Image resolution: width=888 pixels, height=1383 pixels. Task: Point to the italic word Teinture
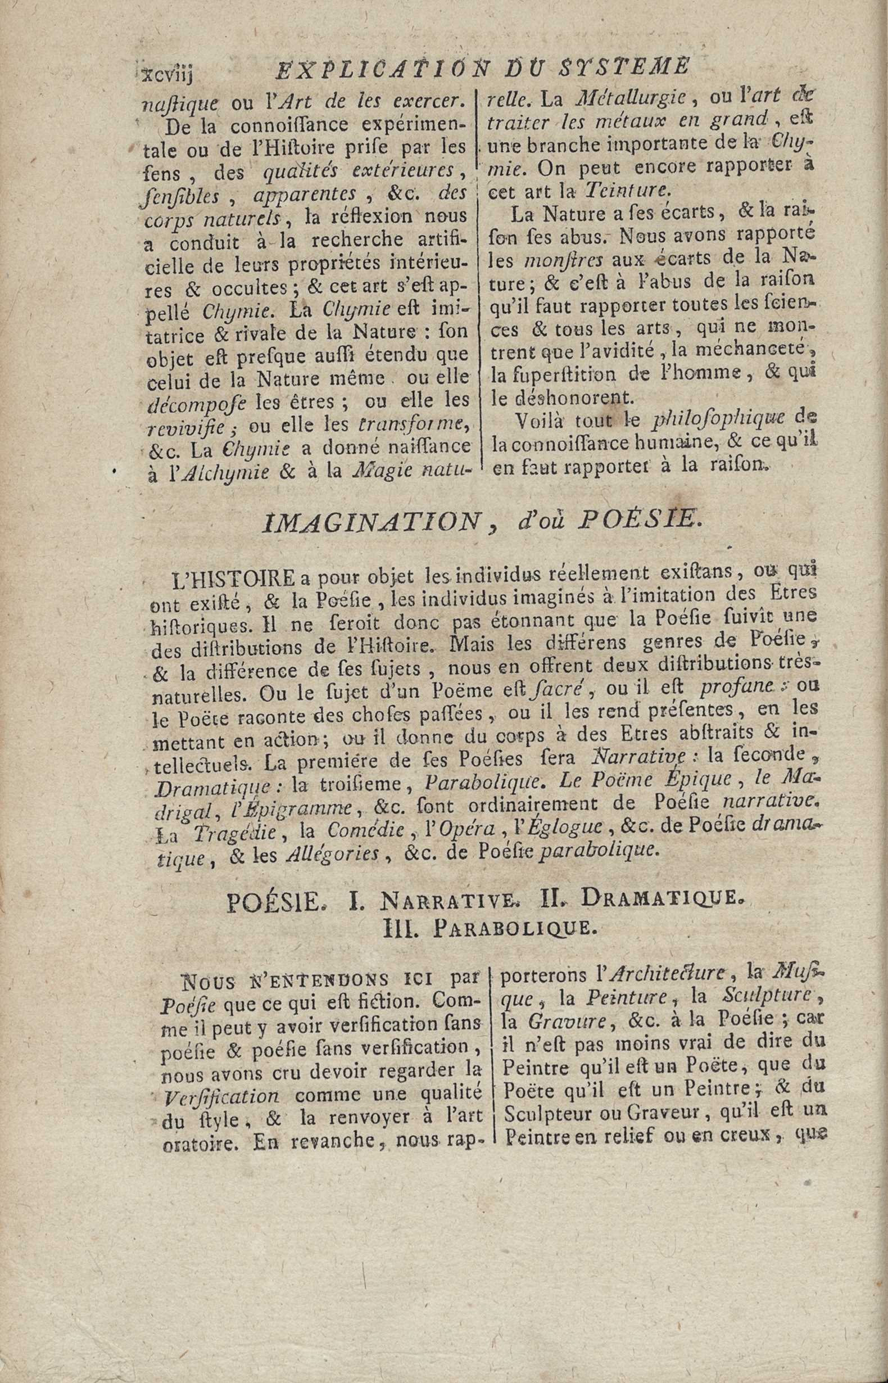click(628, 188)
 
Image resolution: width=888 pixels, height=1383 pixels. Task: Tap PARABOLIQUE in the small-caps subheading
click(511, 928)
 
